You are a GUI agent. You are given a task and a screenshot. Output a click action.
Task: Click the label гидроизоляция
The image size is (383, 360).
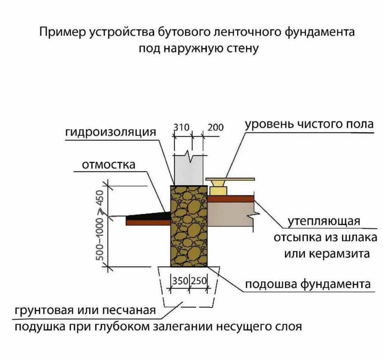coord(110,132)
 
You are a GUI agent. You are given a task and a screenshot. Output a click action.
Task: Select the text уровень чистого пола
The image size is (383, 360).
coord(309,124)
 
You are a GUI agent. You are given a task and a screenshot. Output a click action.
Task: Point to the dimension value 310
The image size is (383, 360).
coord(182,128)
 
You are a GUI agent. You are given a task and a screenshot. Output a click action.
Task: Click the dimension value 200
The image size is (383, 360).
coord(215,128)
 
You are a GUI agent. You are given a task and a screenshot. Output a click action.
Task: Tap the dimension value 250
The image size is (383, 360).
coord(199,280)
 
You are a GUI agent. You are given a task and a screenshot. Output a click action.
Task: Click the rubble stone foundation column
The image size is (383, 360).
coord(189,226)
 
